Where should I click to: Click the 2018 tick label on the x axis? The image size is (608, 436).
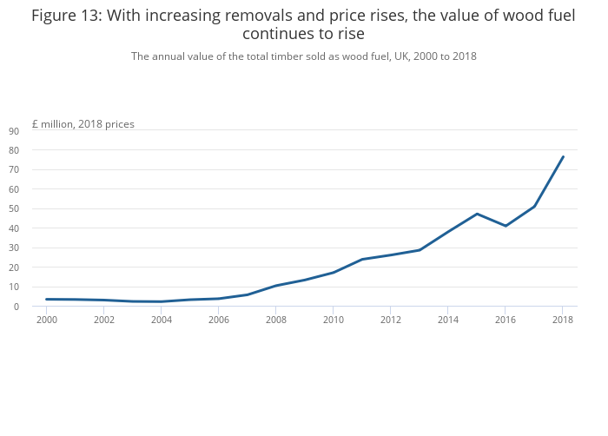(x=563, y=320)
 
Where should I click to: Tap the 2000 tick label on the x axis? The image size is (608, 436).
(x=46, y=320)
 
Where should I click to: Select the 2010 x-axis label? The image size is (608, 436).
(x=333, y=320)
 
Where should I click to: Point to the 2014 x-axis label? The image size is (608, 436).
(x=447, y=320)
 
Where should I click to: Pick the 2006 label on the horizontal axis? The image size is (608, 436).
(x=218, y=320)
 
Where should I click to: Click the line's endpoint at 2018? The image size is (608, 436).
(x=563, y=157)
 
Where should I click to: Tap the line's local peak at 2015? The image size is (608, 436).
(x=477, y=214)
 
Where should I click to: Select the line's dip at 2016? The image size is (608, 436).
(x=506, y=226)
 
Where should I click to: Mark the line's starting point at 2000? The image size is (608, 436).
(x=46, y=299)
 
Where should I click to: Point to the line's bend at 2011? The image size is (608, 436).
(x=361, y=259)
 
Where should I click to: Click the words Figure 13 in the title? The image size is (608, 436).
(x=65, y=15)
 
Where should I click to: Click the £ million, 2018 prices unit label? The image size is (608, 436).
(x=83, y=124)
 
